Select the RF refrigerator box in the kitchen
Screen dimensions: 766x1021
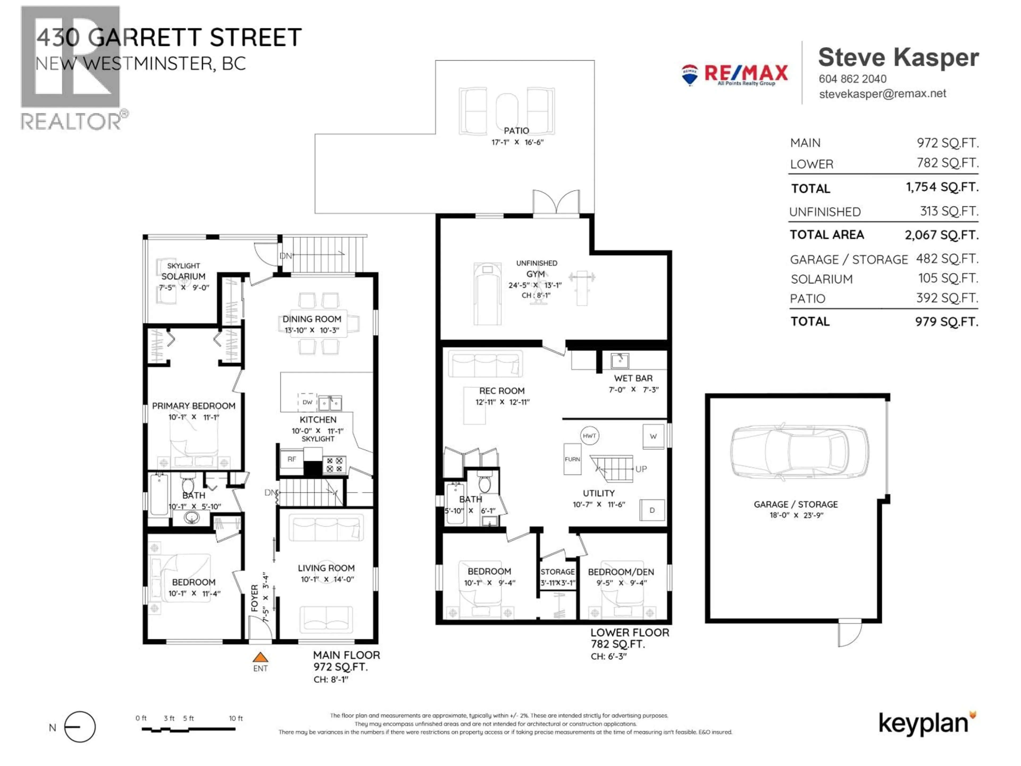pos(292,459)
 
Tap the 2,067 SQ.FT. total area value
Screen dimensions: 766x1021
pos(941,235)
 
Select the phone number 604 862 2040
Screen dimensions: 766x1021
pos(852,79)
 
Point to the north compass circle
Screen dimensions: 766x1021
pos(80,727)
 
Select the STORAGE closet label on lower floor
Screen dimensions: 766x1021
pos(558,572)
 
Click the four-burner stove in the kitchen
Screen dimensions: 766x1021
pos(334,464)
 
